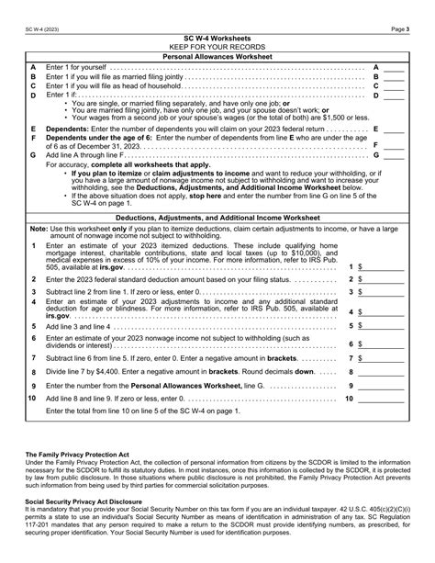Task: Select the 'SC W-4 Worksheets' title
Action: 217,38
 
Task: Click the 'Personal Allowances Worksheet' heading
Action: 217,56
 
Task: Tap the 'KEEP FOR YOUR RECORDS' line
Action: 217,46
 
